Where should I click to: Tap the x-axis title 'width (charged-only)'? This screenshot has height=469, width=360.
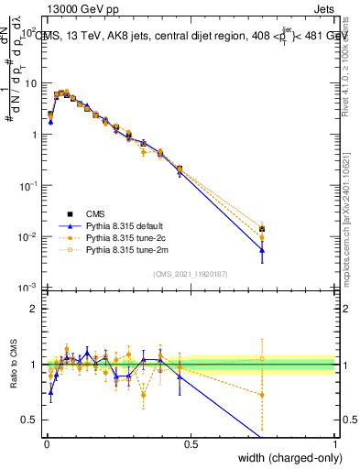pos(285,458)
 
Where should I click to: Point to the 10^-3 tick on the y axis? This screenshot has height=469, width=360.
pos(27,288)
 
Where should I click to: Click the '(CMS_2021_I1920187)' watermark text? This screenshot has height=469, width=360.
pos(191,272)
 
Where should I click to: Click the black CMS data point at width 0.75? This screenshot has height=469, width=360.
pos(262,228)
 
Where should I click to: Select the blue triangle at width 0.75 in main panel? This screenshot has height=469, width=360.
pos(262,250)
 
